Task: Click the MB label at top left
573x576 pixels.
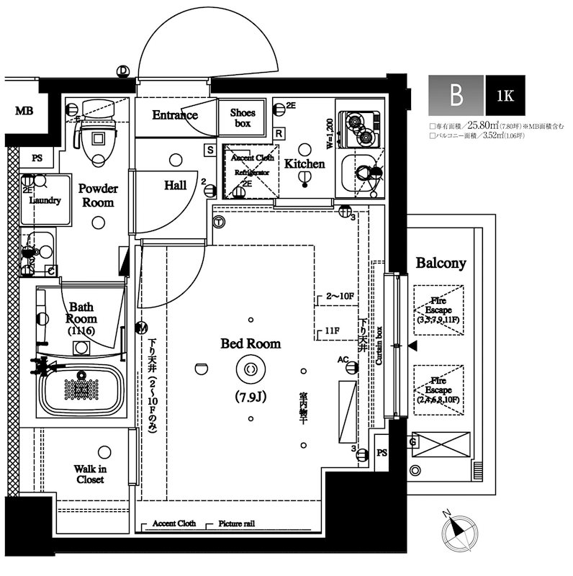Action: click(x=24, y=111)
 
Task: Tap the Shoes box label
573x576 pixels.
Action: click(x=242, y=118)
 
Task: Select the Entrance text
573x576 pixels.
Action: click(x=174, y=115)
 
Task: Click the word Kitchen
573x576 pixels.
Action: click(x=304, y=164)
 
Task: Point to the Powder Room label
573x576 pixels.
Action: click(x=98, y=195)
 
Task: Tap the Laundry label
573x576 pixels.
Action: click(x=45, y=201)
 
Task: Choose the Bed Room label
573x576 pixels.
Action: click(x=251, y=344)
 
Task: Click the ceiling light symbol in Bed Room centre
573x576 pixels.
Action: click(x=251, y=369)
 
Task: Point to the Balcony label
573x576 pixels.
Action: click(x=441, y=264)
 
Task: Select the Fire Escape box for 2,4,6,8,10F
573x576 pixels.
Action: click(x=438, y=389)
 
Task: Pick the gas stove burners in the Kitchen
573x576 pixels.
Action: click(x=360, y=127)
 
